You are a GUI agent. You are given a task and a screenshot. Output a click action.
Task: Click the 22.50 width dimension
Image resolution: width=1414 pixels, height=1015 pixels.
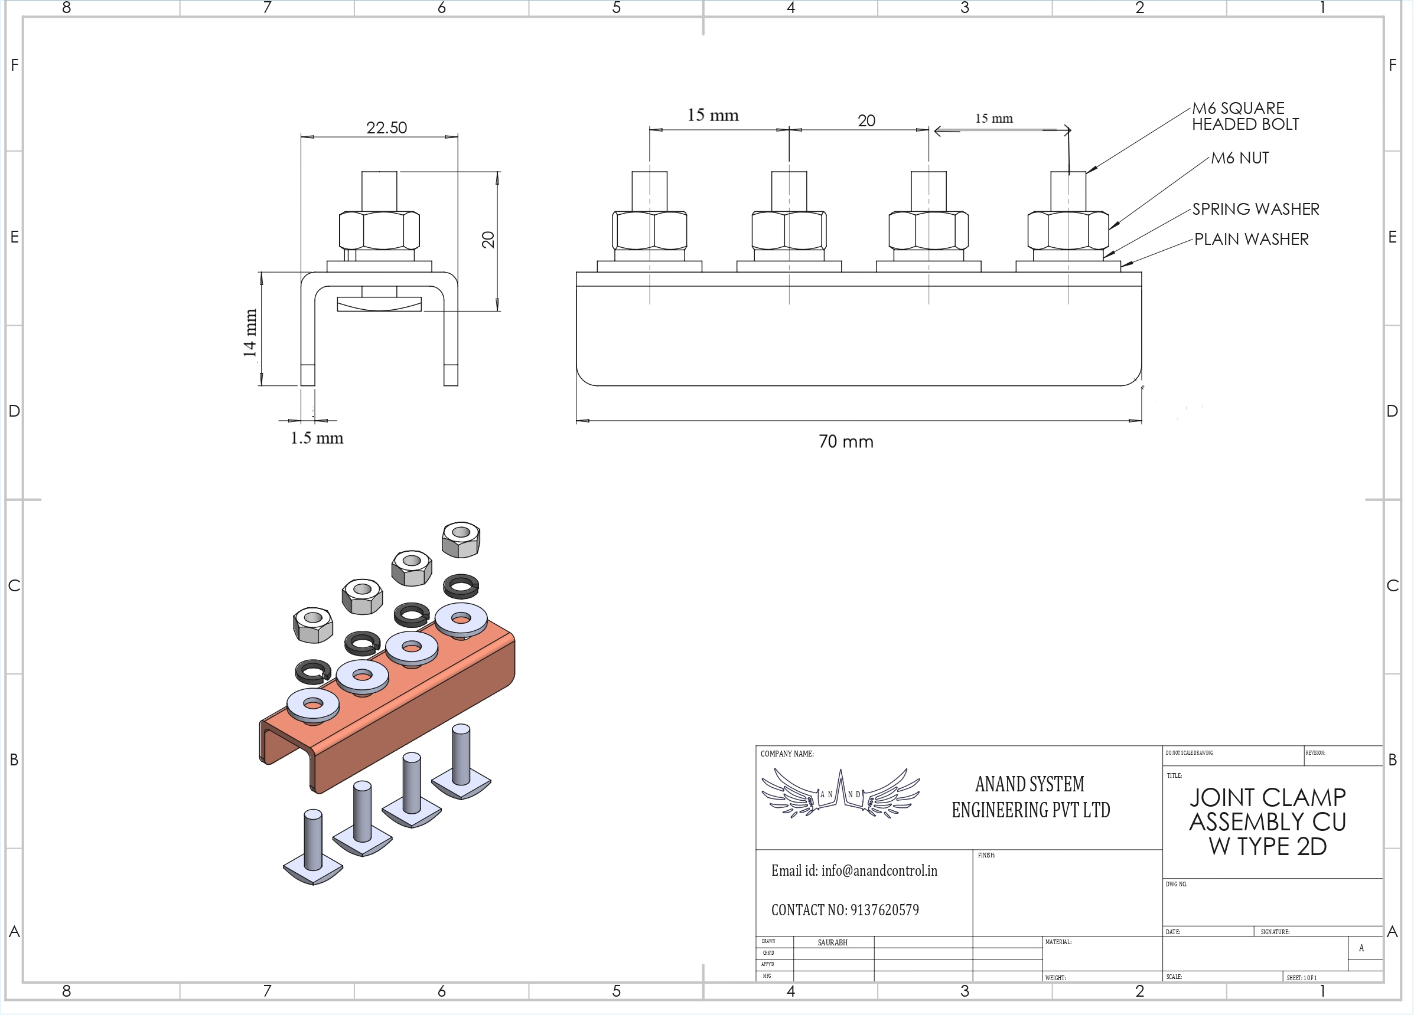[x=386, y=127]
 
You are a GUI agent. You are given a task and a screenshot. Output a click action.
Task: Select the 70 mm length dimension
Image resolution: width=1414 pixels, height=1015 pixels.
[x=846, y=442]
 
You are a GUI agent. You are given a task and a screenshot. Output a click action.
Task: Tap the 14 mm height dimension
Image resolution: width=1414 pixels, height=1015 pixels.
[x=250, y=333]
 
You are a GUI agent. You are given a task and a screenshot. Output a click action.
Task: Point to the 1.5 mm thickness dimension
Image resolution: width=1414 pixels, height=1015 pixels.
[x=317, y=438]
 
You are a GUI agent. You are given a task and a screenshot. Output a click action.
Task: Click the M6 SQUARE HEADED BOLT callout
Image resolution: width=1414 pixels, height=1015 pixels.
[x=1245, y=116]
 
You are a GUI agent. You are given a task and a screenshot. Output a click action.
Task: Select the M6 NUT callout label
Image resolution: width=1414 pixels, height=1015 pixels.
[x=1240, y=158]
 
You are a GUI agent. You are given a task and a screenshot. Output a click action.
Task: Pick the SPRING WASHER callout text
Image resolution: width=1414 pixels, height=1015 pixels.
[x=1256, y=209]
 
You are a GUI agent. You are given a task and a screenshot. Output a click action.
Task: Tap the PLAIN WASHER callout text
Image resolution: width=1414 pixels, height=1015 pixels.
[x=1251, y=239]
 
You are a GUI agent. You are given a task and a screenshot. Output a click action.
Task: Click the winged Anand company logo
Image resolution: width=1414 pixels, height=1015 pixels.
[x=840, y=793]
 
